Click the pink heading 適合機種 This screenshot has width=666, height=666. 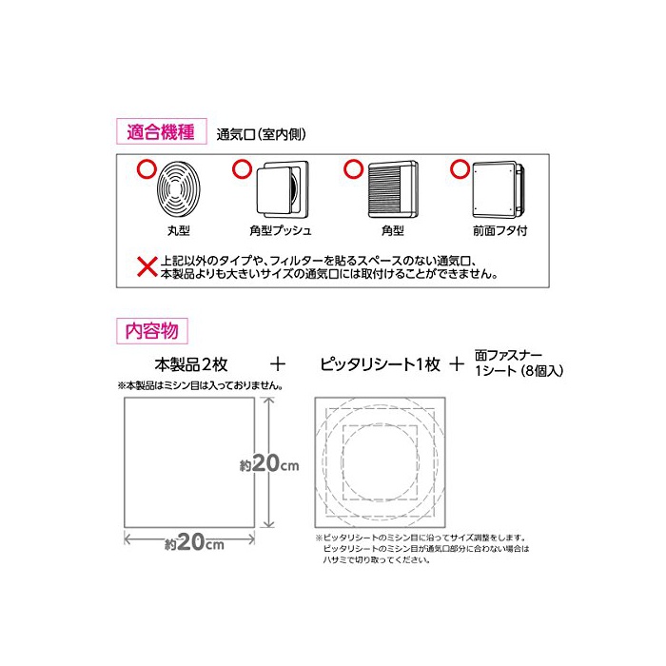[x=161, y=131]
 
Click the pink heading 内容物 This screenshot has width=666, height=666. [x=151, y=331]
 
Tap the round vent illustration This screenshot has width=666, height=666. [x=179, y=189]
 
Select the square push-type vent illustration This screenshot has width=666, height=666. [x=283, y=189]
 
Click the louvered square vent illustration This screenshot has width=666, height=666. [x=393, y=189]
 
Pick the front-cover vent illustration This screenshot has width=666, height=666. [x=499, y=190]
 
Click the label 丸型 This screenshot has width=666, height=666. [x=179, y=230]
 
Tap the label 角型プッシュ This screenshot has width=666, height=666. [x=281, y=230]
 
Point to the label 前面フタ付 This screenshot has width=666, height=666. [x=499, y=230]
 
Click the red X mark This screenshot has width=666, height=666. [x=147, y=266]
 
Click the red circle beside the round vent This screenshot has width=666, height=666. [x=147, y=169]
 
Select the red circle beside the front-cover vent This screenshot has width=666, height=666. [x=460, y=169]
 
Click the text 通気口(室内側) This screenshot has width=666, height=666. [x=262, y=135]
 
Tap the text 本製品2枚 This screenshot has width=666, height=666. [x=191, y=364]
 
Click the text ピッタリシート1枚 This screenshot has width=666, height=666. [x=380, y=364]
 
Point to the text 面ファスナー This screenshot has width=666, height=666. [x=508, y=355]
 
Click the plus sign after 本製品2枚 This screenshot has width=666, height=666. [x=278, y=364]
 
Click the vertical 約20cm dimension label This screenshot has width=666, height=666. [x=269, y=463]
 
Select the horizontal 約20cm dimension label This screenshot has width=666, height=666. [x=194, y=542]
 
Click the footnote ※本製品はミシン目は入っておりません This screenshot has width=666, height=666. [x=201, y=385]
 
